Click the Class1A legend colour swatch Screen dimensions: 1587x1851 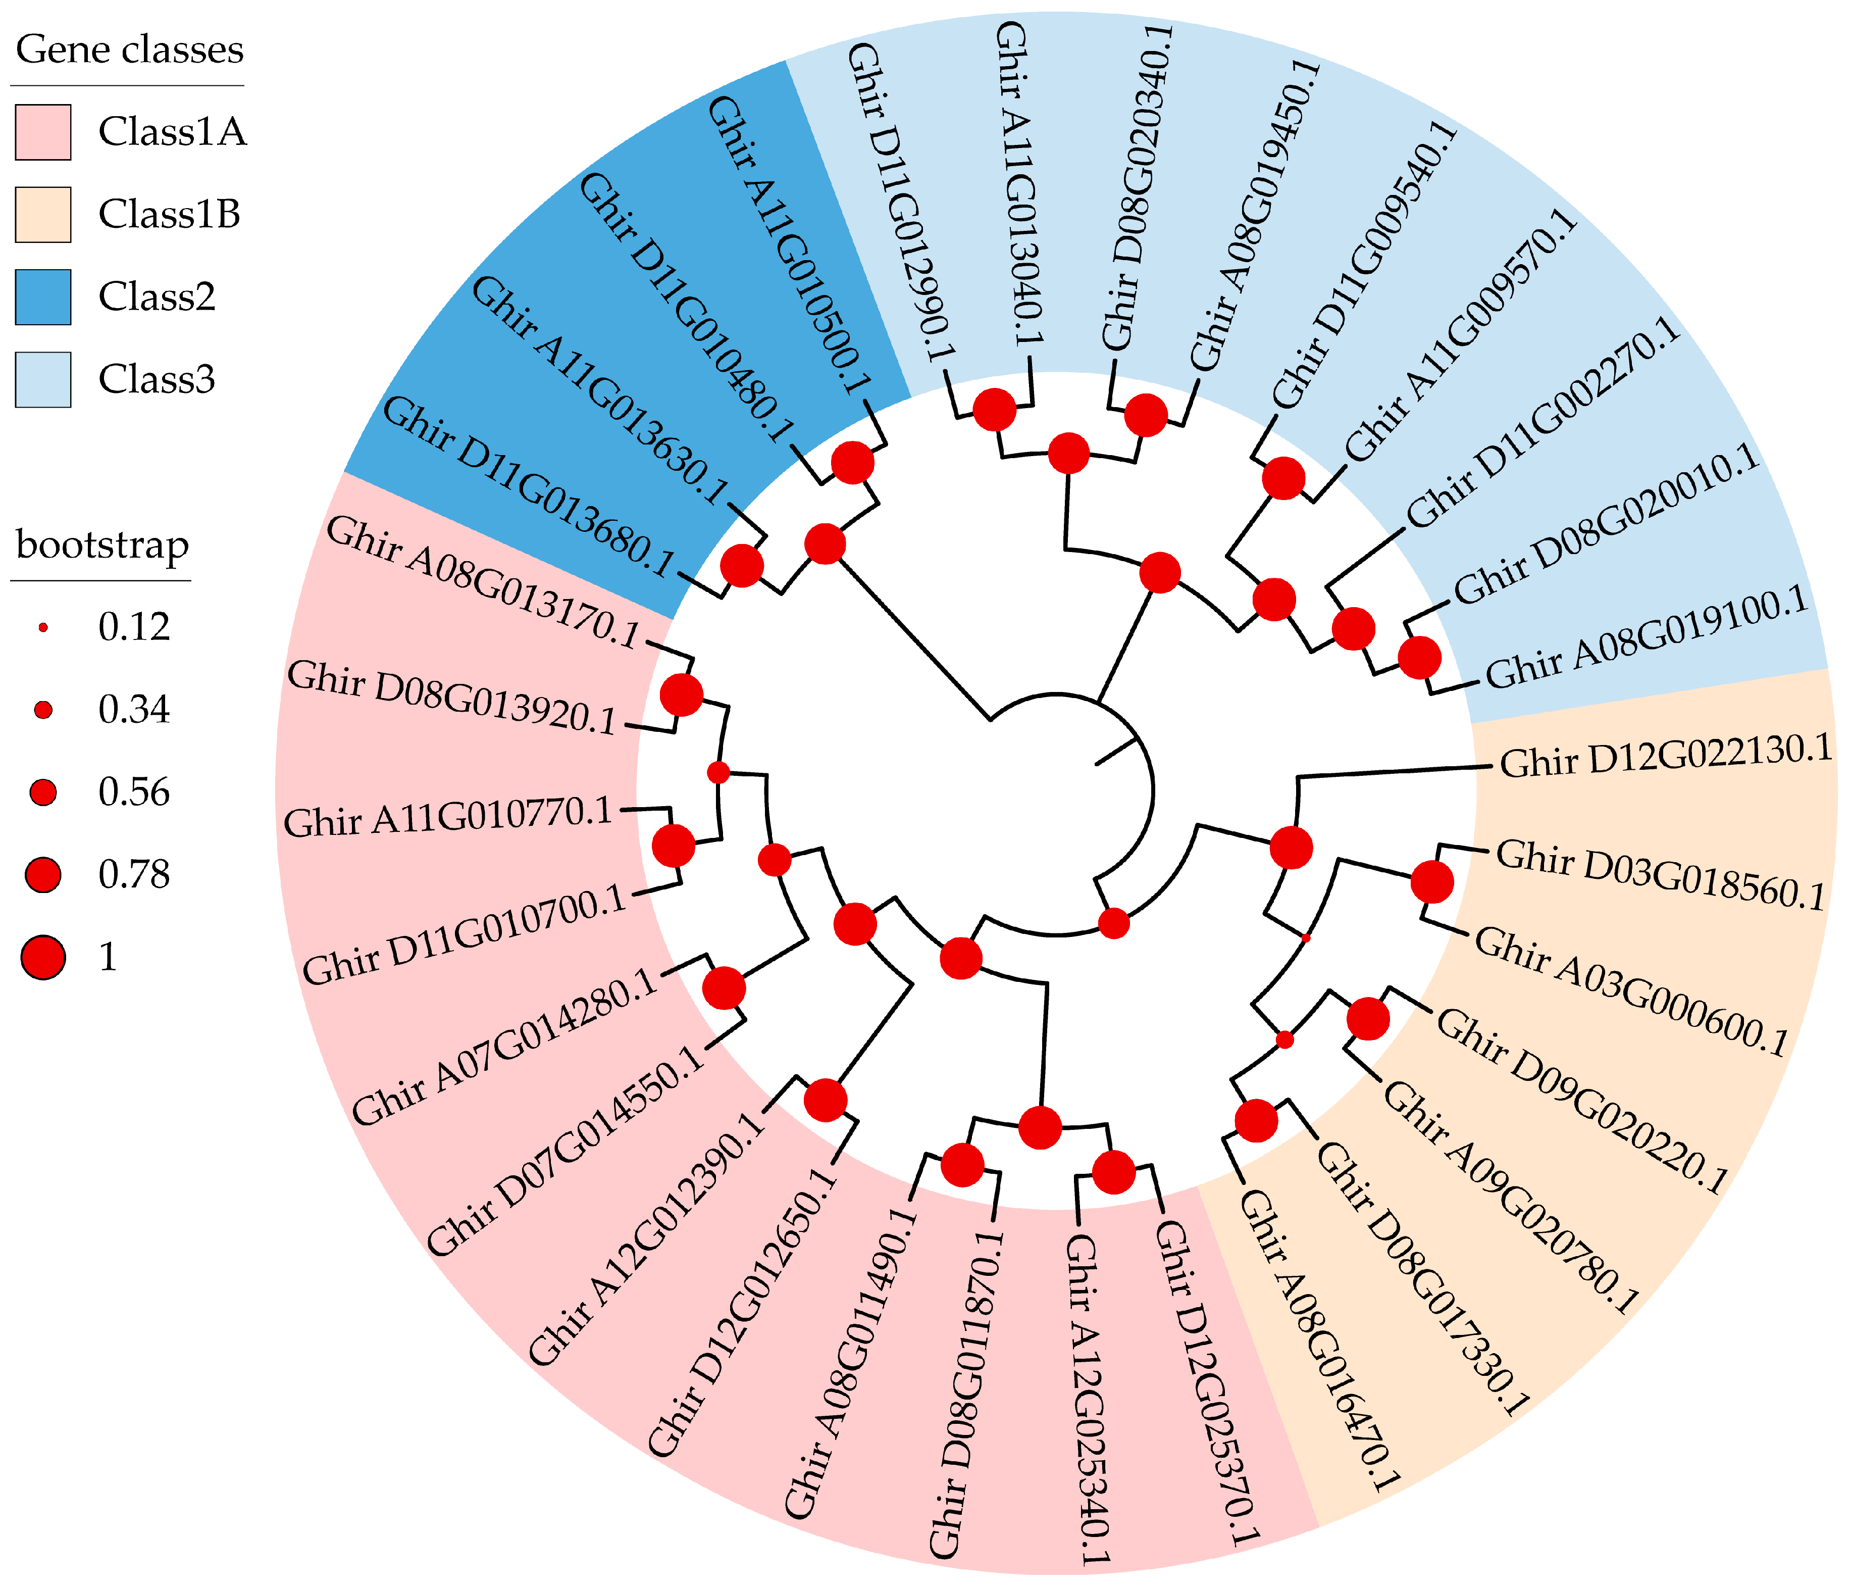coord(43,132)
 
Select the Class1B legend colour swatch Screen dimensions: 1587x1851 coord(43,215)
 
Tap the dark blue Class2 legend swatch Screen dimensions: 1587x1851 coord(43,296)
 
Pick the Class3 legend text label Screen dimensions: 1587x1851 coord(157,379)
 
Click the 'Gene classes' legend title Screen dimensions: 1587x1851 coord(130,49)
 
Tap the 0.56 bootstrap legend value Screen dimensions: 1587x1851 coord(134,792)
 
